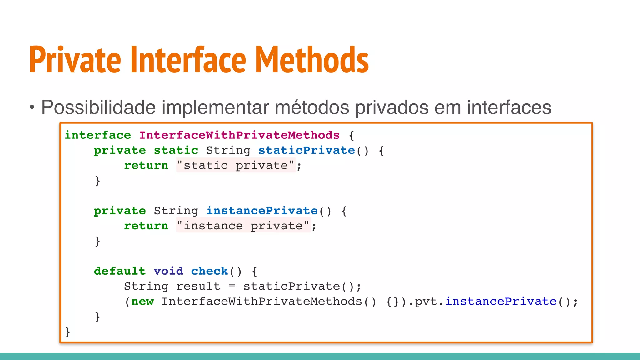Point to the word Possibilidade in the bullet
click(98, 107)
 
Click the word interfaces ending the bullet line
click(509, 107)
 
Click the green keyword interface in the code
click(98, 135)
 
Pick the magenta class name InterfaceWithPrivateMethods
click(239, 135)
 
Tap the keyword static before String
click(176, 150)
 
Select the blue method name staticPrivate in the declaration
click(307, 150)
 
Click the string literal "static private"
click(236, 165)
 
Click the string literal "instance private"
click(243, 226)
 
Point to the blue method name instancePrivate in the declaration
click(262, 211)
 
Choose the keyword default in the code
click(120, 271)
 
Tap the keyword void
click(168, 271)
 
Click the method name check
click(209, 271)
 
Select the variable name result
click(198, 286)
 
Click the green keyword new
click(142, 302)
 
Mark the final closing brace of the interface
click(67, 331)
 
